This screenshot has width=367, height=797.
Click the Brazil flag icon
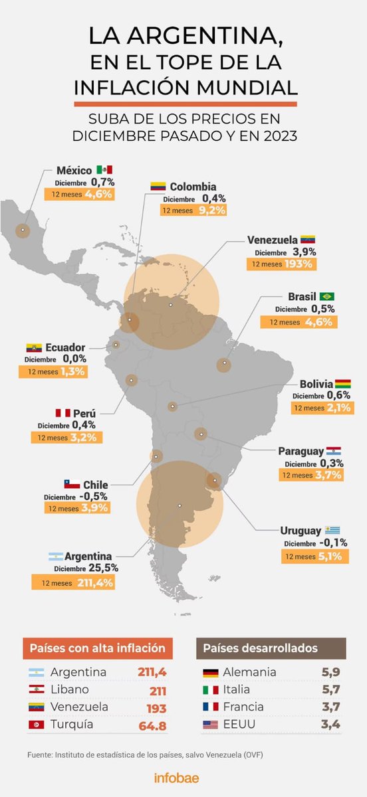326,296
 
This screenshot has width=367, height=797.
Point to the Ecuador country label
65,347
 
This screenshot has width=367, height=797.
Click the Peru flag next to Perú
63,413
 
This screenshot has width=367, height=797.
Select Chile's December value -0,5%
93,496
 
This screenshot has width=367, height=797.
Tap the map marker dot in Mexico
23,230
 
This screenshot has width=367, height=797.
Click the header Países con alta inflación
98,648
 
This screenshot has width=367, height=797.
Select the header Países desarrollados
270,648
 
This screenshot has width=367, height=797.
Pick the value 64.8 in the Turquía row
152,724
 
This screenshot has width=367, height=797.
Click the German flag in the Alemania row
211,671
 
